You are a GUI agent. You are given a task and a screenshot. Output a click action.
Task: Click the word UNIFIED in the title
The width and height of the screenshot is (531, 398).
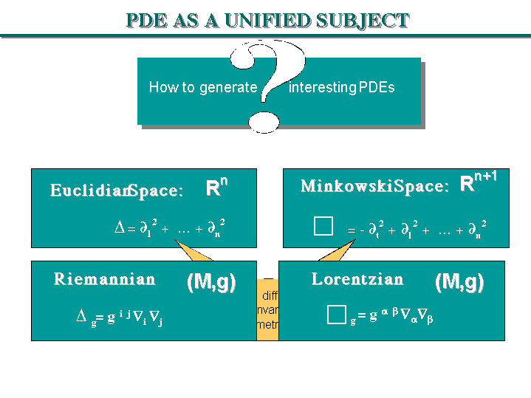click(267, 20)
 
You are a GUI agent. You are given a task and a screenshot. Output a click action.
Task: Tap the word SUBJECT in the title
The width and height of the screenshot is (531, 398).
click(363, 20)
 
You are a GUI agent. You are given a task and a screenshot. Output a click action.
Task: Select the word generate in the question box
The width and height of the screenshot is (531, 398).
click(228, 88)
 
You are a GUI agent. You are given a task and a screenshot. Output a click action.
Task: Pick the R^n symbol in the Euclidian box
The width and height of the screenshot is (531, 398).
click(216, 188)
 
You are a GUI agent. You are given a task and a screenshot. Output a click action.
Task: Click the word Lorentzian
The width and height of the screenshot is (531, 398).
click(357, 279)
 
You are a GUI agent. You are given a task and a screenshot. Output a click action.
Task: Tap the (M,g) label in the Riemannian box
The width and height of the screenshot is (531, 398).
click(211, 283)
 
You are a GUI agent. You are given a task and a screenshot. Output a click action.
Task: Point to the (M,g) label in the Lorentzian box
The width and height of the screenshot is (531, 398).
click(459, 282)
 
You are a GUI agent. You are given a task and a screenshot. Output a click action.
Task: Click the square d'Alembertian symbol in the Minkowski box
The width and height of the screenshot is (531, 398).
click(323, 227)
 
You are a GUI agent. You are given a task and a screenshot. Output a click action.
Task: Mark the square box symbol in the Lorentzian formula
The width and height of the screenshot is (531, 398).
click(337, 315)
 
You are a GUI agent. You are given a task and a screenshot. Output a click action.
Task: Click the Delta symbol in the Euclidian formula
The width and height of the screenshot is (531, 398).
click(120, 229)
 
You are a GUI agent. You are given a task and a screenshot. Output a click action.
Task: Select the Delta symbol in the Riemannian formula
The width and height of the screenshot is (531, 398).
click(82, 316)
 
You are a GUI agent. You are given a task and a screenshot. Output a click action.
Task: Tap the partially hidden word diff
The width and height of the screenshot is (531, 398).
click(270, 297)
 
